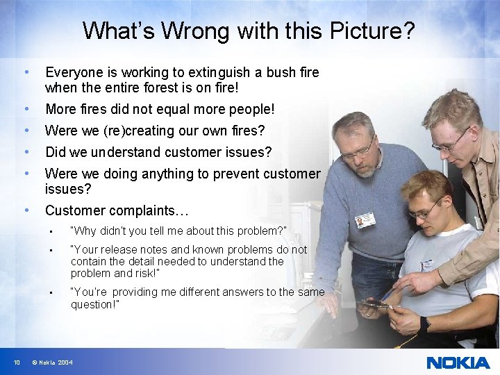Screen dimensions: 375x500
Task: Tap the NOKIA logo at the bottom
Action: tap(458, 362)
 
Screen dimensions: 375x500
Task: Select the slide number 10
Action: tap(16, 362)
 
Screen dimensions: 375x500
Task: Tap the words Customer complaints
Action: tap(116, 210)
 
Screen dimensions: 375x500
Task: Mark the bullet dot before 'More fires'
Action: tap(26, 109)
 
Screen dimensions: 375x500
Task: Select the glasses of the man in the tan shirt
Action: tap(450, 142)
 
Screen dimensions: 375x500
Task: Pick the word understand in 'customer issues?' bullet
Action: tap(121, 152)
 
